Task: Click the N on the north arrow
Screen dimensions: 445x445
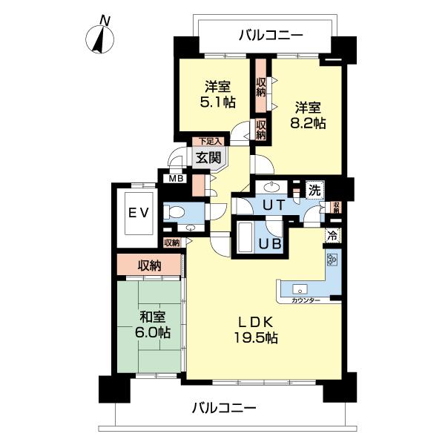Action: (x=105, y=20)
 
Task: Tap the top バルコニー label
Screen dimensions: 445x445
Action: (x=271, y=34)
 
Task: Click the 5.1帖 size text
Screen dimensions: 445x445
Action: (x=218, y=102)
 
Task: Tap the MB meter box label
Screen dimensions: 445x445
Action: (x=175, y=178)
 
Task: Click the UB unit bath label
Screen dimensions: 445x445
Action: (x=268, y=241)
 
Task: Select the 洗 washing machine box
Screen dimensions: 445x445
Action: (x=315, y=190)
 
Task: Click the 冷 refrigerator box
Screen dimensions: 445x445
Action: (x=332, y=237)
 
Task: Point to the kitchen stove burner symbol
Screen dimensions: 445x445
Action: (x=332, y=261)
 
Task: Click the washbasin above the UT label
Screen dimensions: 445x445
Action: (x=274, y=187)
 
